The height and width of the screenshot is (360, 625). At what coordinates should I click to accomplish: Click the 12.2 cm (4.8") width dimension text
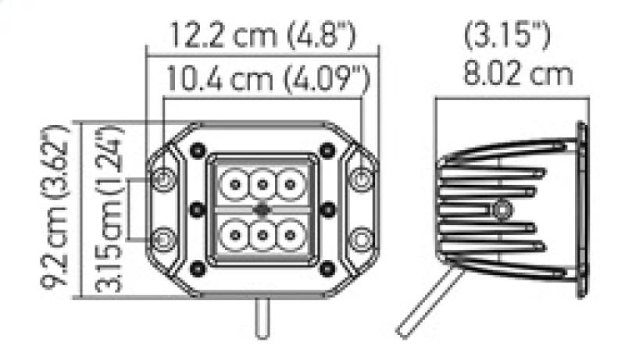click(x=261, y=34)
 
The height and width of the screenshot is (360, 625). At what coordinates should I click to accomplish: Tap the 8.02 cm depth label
click(x=517, y=75)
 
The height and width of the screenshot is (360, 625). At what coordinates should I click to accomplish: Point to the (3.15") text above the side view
click(x=509, y=36)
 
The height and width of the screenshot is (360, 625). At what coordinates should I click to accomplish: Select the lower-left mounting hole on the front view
click(x=163, y=237)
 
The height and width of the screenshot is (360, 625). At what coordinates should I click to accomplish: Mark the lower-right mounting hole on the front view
click(x=361, y=237)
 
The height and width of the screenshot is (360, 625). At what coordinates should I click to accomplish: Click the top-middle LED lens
click(x=262, y=185)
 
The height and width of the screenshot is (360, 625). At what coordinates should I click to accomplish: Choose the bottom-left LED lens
click(x=233, y=233)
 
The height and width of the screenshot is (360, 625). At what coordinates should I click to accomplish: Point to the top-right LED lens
click(x=292, y=185)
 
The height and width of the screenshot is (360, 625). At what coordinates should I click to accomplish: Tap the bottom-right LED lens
click(x=292, y=233)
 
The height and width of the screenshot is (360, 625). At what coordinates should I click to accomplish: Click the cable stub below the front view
click(x=263, y=320)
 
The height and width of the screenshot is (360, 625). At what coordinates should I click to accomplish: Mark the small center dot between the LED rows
click(x=262, y=209)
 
